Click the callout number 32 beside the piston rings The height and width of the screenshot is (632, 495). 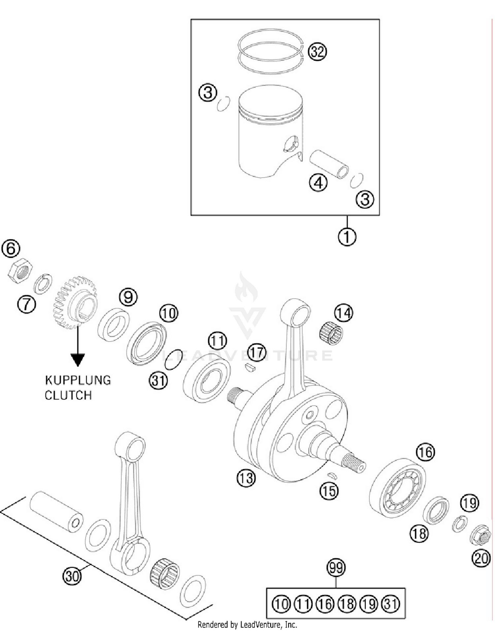[317, 52]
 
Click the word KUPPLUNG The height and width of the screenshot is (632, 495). [78, 380]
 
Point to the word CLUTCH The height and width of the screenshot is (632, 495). [68, 395]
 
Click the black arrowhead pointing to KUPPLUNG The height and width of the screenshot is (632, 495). [78, 359]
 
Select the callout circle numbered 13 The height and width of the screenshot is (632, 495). [246, 478]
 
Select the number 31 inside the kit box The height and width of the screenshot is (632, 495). [391, 604]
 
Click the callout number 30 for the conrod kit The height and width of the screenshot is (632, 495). [72, 576]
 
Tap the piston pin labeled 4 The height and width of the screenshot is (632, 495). [329, 164]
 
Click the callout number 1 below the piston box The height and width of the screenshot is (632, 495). [347, 236]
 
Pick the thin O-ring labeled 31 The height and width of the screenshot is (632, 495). [174, 359]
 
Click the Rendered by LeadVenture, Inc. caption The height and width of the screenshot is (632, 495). [247, 624]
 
